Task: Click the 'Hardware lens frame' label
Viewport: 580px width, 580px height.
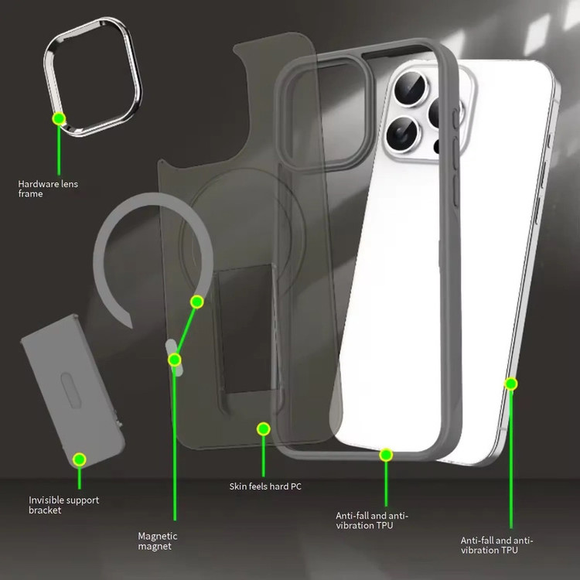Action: point(48,189)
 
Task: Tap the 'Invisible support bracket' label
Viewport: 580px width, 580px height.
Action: point(63,505)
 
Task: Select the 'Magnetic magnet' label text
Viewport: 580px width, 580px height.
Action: point(158,541)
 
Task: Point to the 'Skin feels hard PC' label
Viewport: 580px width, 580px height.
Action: point(265,486)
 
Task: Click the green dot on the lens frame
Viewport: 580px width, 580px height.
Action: point(59,119)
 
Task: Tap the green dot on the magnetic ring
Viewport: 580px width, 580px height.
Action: point(196,302)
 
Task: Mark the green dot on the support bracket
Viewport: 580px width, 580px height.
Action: point(79,459)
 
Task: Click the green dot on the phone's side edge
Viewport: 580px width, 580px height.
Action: point(511,384)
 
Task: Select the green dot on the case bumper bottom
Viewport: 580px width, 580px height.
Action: point(386,455)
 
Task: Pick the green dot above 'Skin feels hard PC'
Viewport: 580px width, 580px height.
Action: point(263,428)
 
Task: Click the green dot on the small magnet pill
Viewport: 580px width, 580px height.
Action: point(174,360)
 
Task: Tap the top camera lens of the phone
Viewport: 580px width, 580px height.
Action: point(410,89)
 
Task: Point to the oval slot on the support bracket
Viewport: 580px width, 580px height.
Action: point(70,390)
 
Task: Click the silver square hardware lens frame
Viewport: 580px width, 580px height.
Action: point(93,77)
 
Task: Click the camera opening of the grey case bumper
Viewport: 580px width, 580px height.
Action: point(326,113)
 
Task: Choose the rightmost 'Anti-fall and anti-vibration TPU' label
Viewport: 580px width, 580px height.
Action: point(496,545)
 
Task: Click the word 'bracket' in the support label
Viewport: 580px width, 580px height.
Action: point(45,510)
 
